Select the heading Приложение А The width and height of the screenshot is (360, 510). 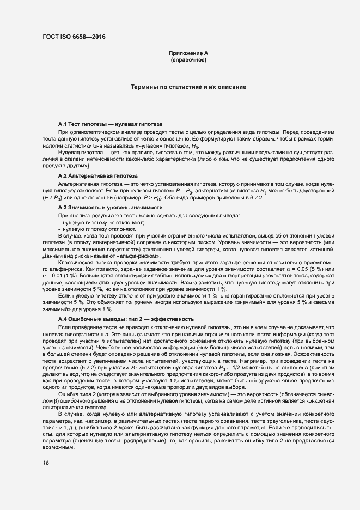tap(188, 53)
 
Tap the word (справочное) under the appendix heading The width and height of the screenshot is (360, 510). tap(188, 59)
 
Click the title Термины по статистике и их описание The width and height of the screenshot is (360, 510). tap(188, 87)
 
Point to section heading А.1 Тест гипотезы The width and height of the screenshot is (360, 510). tap(109, 125)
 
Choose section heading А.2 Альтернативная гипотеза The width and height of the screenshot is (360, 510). tap(97, 175)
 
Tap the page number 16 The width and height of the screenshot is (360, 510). tap(46, 463)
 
